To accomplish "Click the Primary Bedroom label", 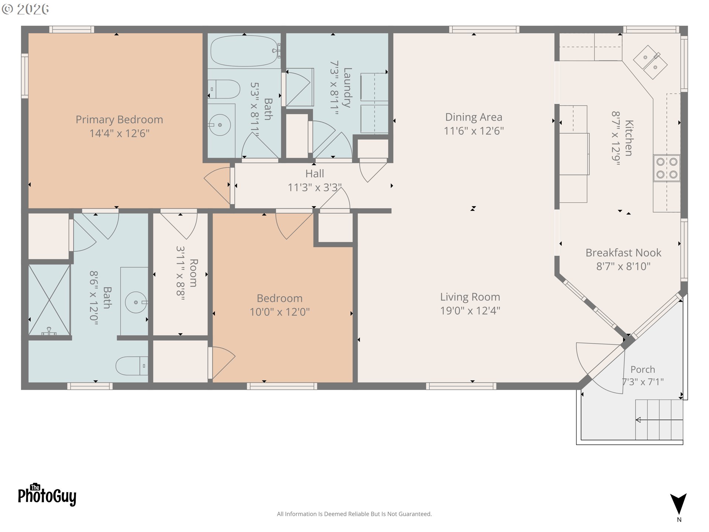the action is pos(119,120).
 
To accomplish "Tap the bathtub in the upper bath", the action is pos(244,51).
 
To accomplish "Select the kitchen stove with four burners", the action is pos(667,168).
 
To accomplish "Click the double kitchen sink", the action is pos(650,62).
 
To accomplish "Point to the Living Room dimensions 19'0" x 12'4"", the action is pos(470,311).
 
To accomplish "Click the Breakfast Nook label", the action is pos(623,253).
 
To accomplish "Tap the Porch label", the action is pos(643,369).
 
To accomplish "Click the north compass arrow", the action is pos(679,504).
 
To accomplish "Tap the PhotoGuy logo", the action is pos(47,495).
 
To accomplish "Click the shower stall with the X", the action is pos(49,300).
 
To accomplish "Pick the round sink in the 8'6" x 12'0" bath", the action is pos(136,302).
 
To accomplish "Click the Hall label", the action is pos(315,174).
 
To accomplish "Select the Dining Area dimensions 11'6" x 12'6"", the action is pos(474,131).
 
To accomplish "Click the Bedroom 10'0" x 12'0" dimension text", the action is pos(280,312).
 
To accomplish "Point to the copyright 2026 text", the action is pos(25,9).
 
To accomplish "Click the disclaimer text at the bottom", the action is pos(354,514).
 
